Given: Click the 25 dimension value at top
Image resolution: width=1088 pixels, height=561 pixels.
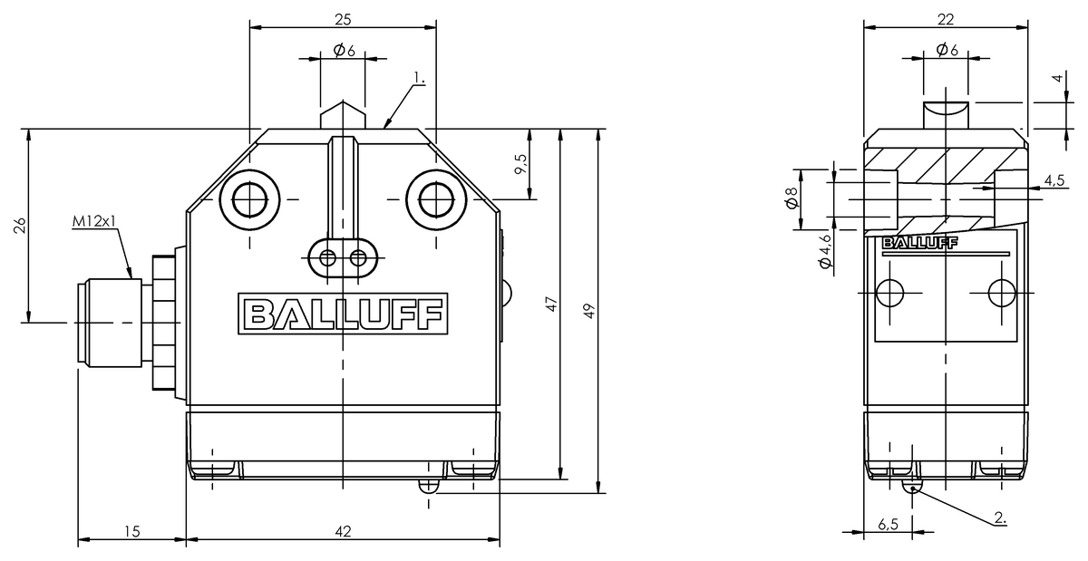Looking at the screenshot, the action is [x=343, y=19].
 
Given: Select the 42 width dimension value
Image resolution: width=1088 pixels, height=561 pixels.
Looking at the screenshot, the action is [x=343, y=531].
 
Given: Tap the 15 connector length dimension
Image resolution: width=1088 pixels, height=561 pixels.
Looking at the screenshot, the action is [x=131, y=531].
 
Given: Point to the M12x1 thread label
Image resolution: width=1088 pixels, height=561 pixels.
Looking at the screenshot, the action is [x=94, y=221].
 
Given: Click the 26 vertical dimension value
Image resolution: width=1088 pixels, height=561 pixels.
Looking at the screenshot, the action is [x=19, y=226].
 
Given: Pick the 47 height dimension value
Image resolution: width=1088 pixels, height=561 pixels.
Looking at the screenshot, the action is [x=552, y=304].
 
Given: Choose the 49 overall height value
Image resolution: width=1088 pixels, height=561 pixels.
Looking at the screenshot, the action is [x=588, y=311].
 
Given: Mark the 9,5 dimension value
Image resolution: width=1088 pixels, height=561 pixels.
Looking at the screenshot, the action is [x=520, y=164].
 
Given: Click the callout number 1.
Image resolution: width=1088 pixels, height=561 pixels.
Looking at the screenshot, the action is [x=419, y=78].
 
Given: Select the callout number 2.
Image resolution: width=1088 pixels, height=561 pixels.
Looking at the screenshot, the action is [x=1000, y=517].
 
